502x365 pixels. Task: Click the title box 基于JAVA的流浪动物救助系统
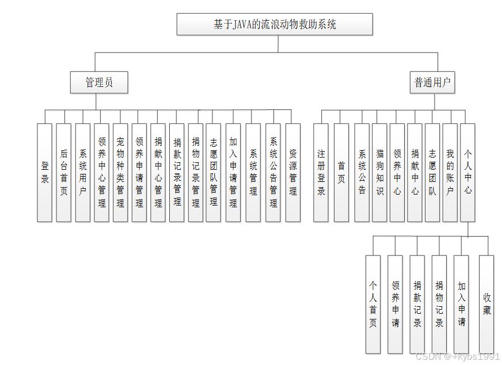275,24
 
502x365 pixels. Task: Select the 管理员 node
99,82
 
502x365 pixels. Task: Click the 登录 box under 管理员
45,172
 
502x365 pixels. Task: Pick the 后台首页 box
64,172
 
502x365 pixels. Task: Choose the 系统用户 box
83,172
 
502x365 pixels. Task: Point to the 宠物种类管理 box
120,172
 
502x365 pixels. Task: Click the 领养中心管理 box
101,172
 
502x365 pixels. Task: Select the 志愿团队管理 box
213,172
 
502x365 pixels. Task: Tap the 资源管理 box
293,172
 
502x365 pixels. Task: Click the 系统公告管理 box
273,172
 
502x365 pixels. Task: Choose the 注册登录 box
321,172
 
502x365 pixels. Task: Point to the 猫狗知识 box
379,172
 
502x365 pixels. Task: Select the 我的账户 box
450,172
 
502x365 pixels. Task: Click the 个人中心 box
467,172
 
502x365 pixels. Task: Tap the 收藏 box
486,304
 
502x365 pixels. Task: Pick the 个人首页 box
373,304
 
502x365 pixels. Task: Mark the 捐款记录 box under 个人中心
417,304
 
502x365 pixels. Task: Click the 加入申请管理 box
233,172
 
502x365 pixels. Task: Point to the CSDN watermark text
457,357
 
